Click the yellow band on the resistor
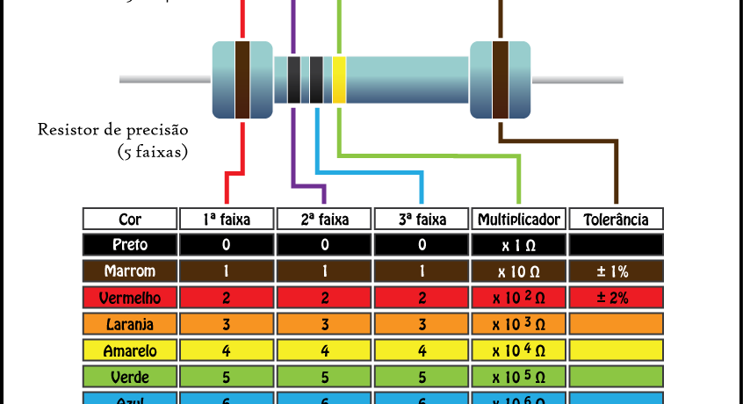339,80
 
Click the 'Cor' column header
129,219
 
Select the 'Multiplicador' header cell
518,219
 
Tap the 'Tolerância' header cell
616,219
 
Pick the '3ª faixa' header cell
422,219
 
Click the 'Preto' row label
129,244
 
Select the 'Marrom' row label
129,271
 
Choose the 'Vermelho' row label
129,297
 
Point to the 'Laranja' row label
129,323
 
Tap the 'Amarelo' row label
129,350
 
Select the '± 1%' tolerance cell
616,271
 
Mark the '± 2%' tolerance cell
616,297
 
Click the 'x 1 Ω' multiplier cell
518,244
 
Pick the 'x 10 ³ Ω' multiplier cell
518,323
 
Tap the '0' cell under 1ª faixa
227,244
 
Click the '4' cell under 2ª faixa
324,350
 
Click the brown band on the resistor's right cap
501,80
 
